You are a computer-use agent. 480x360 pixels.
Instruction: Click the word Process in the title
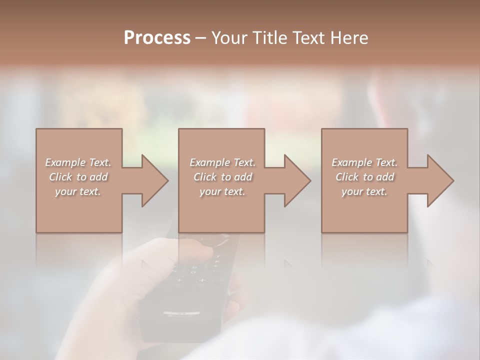pos(157,38)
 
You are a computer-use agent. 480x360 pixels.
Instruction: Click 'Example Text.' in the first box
pos(78,162)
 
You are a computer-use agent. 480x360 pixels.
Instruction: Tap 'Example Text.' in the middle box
pos(222,162)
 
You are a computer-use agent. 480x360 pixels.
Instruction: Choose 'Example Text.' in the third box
pos(364,162)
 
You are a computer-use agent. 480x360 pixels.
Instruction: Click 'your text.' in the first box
pos(78,191)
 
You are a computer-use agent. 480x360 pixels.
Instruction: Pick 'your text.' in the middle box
pos(222,191)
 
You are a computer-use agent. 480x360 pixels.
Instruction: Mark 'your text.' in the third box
pos(364,191)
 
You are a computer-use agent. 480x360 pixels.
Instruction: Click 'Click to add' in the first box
pos(78,177)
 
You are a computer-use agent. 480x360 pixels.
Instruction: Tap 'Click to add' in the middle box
pos(222,177)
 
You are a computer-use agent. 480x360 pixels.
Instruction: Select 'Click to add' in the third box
pos(364,177)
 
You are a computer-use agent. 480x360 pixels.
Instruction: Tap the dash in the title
pos(200,38)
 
